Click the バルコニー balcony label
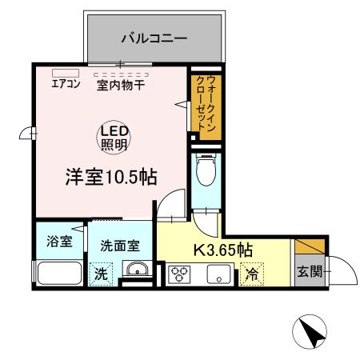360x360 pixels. [154, 37]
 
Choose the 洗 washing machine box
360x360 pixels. [102, 274]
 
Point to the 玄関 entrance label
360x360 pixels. [309, 271]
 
